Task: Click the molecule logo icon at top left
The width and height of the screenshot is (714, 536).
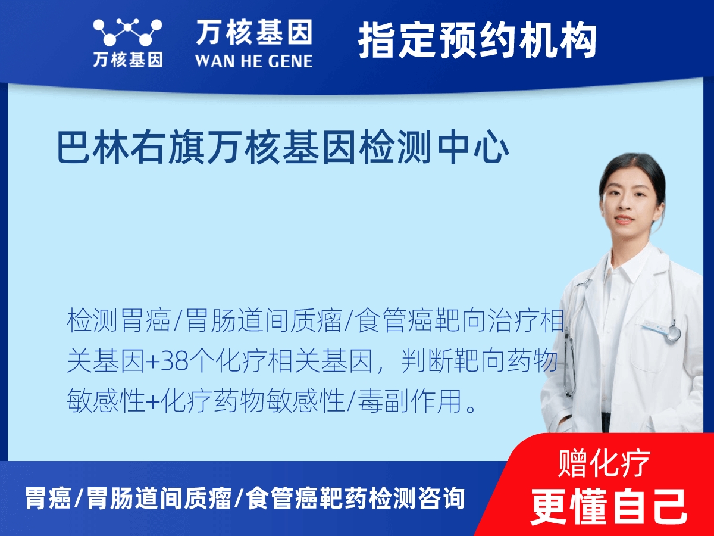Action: pos(127,32)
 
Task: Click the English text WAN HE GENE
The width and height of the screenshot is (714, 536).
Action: pos(254,61)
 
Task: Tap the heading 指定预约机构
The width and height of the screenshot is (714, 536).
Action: pos(477,40)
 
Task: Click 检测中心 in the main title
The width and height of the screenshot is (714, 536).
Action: pos(435,147)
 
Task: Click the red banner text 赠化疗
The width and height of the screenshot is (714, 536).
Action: pos(604,463)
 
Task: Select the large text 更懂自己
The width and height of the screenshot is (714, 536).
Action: pos(609,507)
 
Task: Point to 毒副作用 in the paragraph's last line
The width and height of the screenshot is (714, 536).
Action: pos(410,401)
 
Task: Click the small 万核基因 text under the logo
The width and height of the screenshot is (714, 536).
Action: pos(128,60)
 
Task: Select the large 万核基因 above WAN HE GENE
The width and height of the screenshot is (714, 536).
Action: pos(254,32)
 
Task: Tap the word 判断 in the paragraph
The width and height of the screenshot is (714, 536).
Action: pos(427,362)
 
